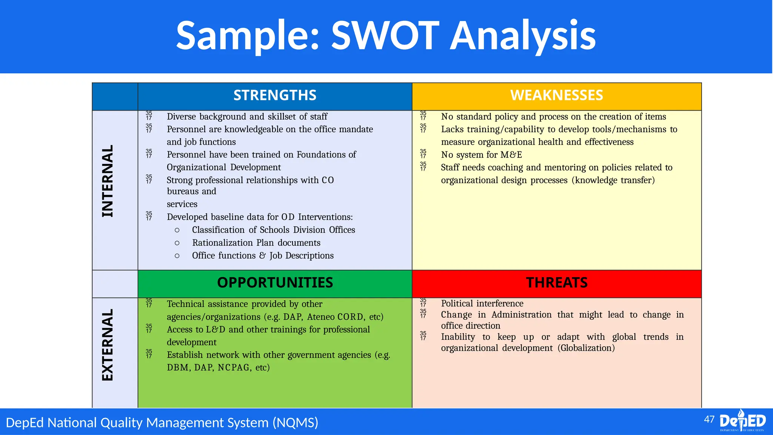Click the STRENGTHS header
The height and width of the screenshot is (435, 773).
click(x=275, y=95)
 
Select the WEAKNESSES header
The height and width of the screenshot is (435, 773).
click(x=556, y=95)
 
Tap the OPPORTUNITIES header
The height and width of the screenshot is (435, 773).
click(x=275, y=282)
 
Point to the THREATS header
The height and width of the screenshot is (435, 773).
click(x=557, y=282)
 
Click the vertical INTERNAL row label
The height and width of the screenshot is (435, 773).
click(x=108, y=181)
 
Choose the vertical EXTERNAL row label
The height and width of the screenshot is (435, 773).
click(x=108, y=345)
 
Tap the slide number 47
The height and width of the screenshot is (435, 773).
click(x=709, y=420)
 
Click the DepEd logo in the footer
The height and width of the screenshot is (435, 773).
click(x=742, y=421)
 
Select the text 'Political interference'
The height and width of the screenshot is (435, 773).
click(x=482, y=304)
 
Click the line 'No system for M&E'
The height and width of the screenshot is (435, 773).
click(x=481, y=155)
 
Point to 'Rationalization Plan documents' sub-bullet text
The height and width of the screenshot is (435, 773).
click(x=256, y=243)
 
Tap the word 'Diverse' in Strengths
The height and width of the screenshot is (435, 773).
click(x=181, y=117)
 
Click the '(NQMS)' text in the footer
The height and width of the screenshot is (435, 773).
click(x=296, y=422)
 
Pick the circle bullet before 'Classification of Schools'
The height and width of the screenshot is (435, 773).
click(x=177, y=230)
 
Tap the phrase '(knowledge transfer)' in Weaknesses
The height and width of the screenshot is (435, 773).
click(x=613, y=180)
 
